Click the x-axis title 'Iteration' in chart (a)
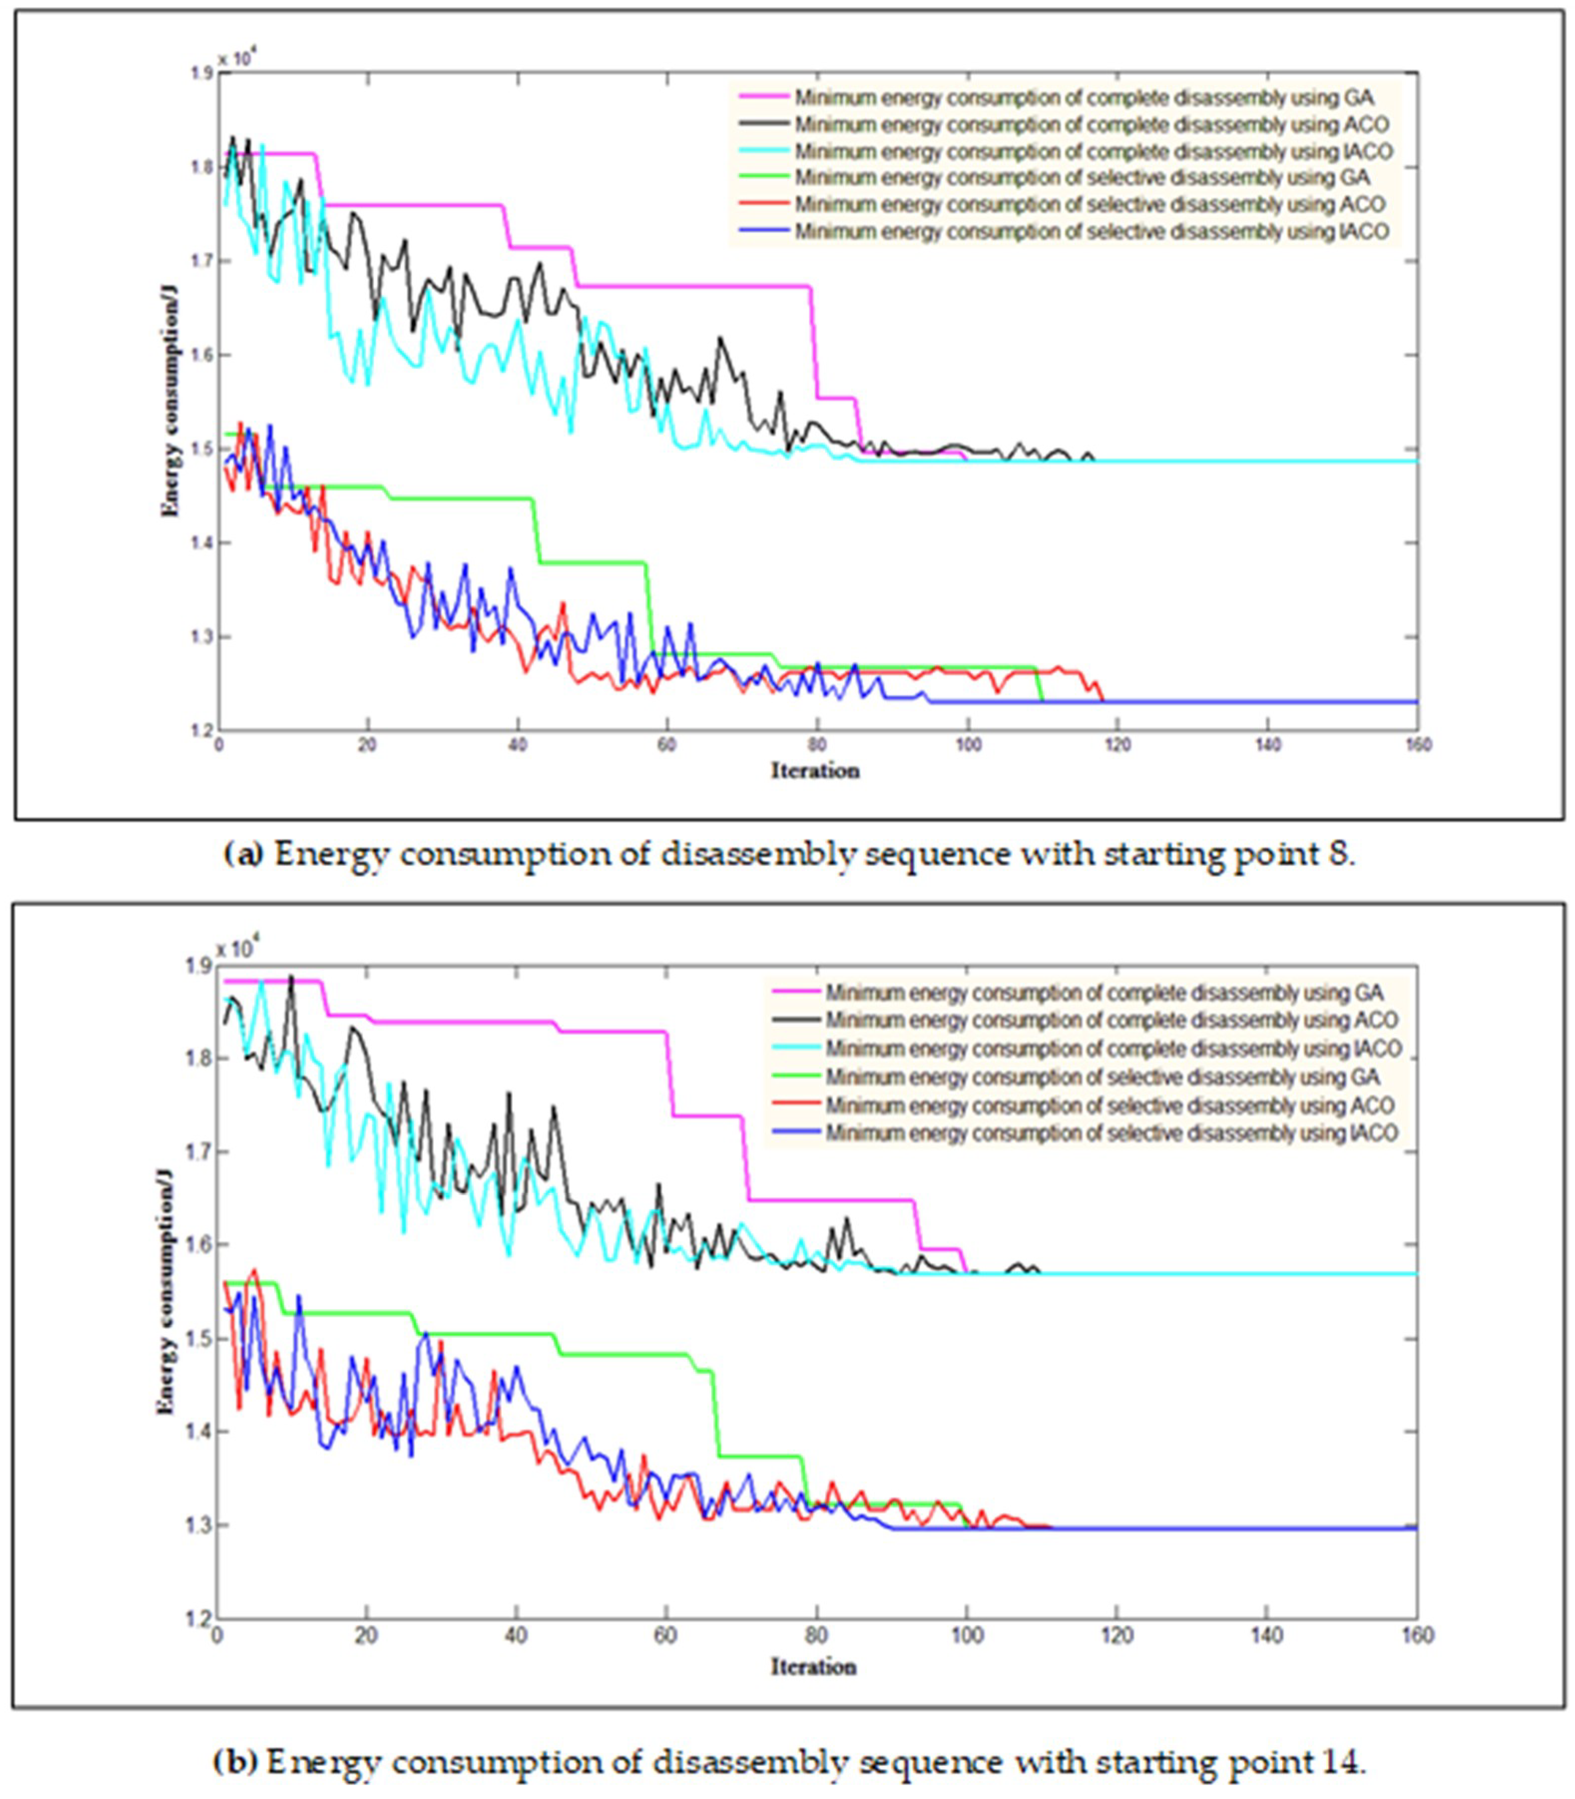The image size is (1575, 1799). click(815, 771)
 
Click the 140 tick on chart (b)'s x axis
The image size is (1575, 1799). click(1266, 1635)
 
